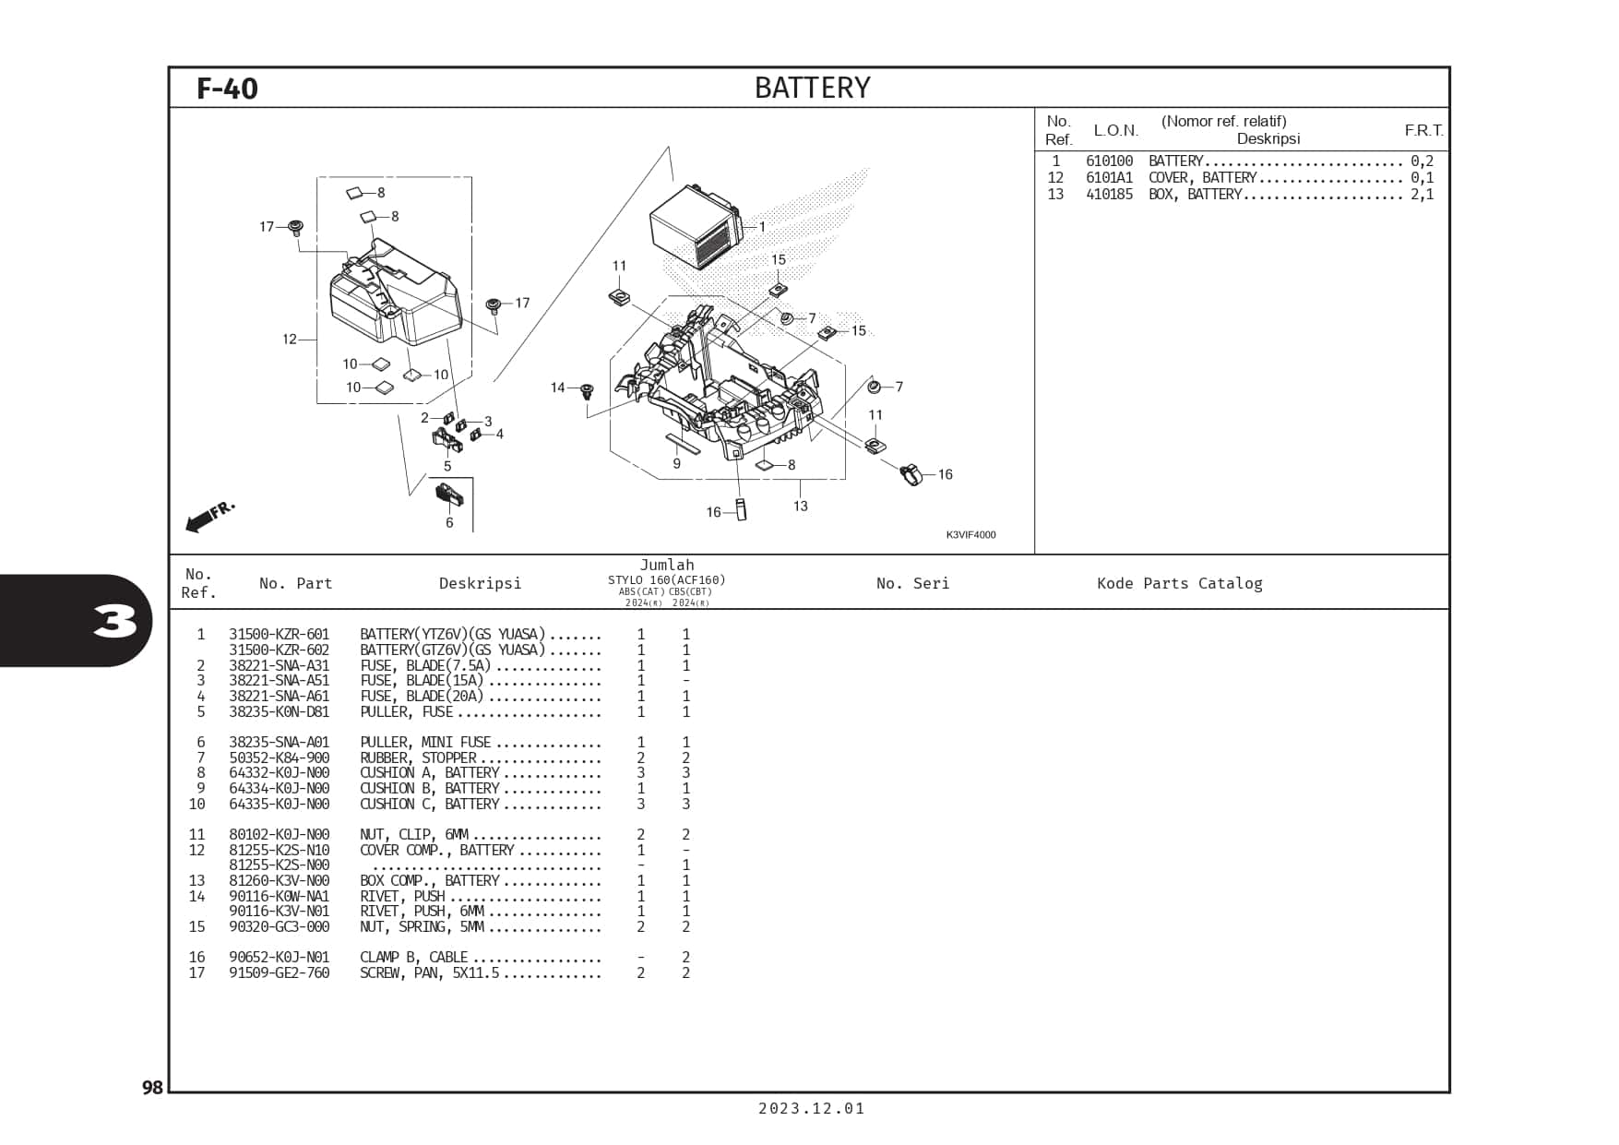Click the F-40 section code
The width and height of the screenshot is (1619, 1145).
(x=227, y=89)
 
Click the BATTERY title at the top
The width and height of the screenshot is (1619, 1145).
(x=812, y=88)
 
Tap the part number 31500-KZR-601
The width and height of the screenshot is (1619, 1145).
(x=279, y=635)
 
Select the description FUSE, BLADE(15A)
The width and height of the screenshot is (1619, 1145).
(x=422, y=681)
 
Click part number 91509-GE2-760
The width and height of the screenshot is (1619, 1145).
(x=279, y=973)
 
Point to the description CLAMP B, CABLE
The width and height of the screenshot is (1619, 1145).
(x=413, y=958)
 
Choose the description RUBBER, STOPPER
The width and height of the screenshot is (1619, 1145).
(x=418, y=757)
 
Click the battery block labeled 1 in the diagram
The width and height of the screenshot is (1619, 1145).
(x=696, y=226)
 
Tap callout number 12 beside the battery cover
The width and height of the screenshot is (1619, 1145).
(x=290, y=340)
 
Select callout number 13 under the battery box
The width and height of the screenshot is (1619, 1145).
(x=800, y=506)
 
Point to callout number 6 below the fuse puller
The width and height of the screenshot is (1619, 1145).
(x=449, y=523)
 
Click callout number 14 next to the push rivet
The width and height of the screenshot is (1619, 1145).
(x=557, y=388)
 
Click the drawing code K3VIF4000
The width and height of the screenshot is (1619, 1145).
(x=970, y=535)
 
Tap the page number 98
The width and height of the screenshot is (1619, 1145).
(x=152, y=1088)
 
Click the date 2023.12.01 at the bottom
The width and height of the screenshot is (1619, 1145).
(x=812, y=1109)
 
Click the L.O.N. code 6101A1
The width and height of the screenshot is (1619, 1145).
(x=1109, y=178)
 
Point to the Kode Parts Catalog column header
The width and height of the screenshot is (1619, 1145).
(x=1179, y=583)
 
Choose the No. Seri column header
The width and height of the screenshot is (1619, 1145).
(x=912, y=583)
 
